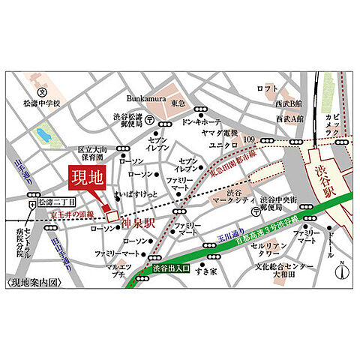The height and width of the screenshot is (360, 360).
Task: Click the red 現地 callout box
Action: pos(88,178)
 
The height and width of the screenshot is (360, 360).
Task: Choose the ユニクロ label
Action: pos(223,143)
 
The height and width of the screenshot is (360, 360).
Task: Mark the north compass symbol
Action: pos(340,271)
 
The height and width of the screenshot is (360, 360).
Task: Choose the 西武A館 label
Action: pos(289,118)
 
